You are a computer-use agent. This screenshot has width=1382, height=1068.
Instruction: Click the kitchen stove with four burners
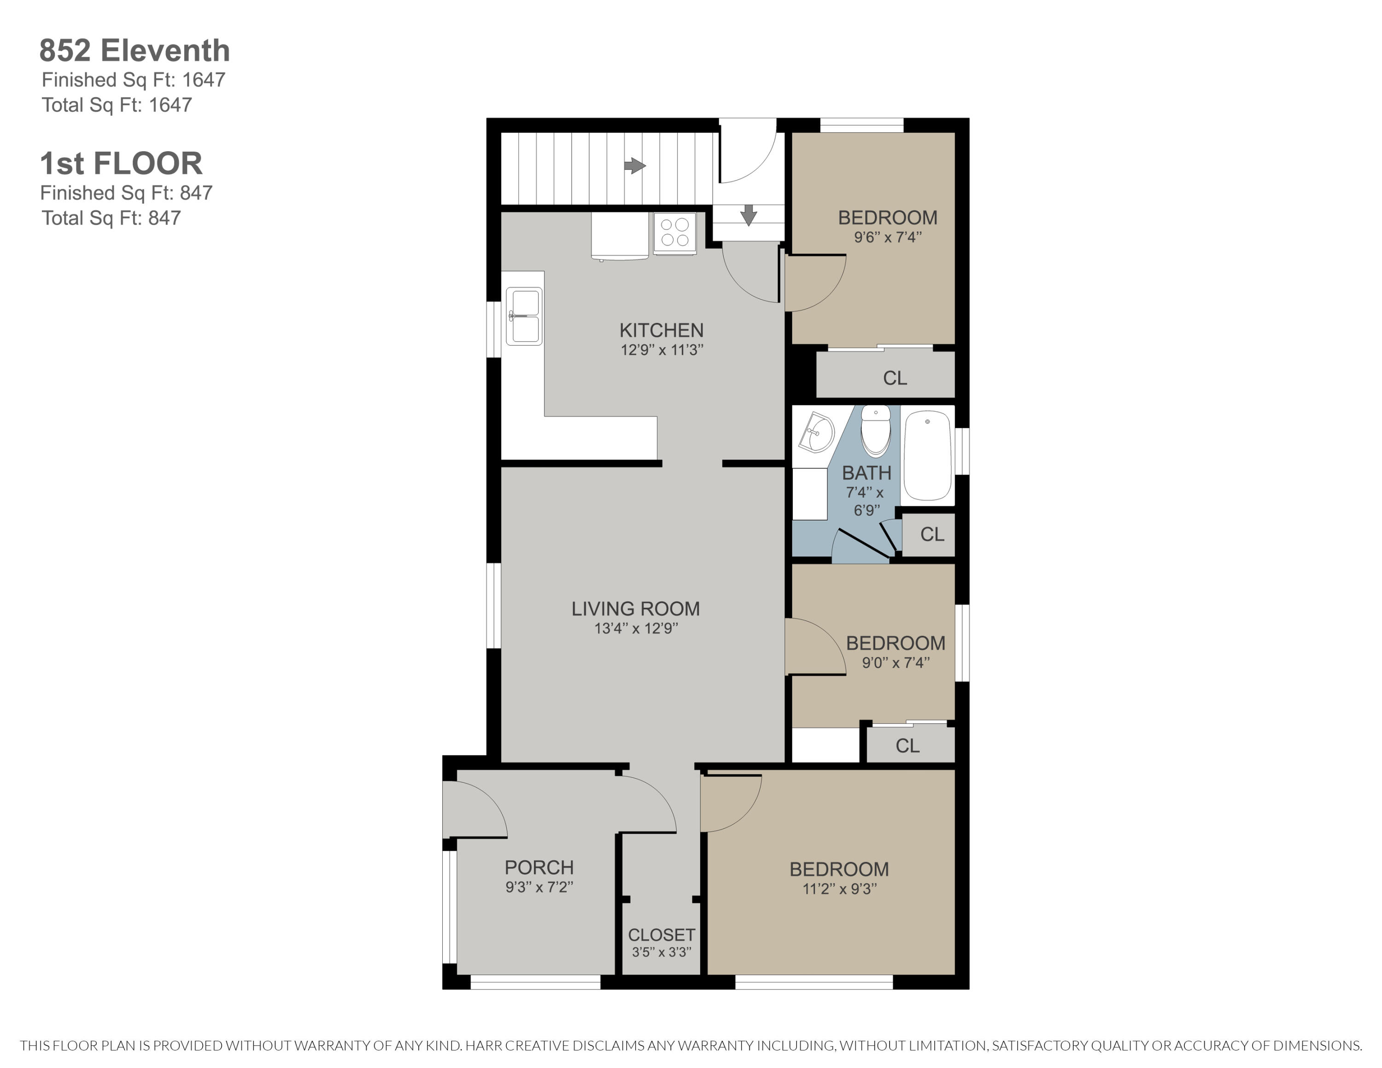click(674, 232)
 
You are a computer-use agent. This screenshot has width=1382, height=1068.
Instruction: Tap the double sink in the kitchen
click(524, 316)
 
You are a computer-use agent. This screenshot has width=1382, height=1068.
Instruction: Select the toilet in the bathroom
click(876, 431)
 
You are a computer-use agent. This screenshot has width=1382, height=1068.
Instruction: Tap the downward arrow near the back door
click(749, 215)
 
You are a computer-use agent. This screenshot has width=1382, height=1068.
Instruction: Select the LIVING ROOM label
click(635, 608)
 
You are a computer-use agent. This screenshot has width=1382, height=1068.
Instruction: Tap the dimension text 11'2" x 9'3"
click(839, 888)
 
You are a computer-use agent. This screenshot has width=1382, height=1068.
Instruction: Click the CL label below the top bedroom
click(895, 378)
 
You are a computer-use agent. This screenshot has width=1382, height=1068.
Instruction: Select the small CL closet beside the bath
click(931, 534)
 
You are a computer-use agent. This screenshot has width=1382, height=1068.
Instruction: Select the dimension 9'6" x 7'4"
click(887, 237)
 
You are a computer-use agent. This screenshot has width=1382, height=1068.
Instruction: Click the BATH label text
click(866, 473)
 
